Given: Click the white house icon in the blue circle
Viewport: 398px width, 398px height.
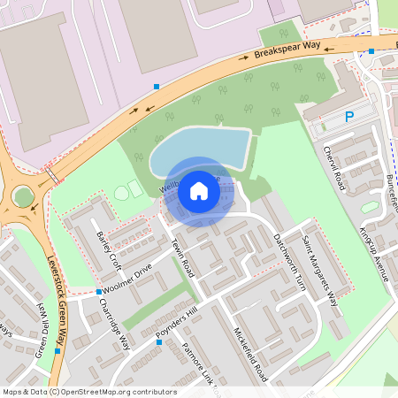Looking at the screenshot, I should click(x=199, y=190).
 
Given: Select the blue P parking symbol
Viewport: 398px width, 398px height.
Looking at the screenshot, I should click(x=349, y=116).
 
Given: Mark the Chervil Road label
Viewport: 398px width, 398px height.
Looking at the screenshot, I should click(x=333, y=168).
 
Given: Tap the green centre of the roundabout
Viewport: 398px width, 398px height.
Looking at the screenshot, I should click(x=23, y=196).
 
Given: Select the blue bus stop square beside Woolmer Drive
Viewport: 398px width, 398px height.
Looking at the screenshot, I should click(x=98, y=291).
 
